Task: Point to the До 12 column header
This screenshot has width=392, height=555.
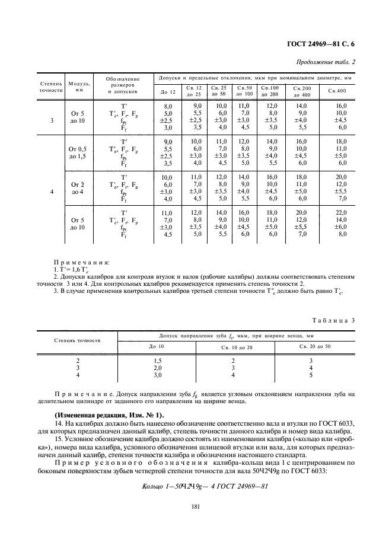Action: click(168, 91)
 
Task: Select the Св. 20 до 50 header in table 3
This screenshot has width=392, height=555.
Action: click(315, 346)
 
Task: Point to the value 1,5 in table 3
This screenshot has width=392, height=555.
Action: click(158, 361)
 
